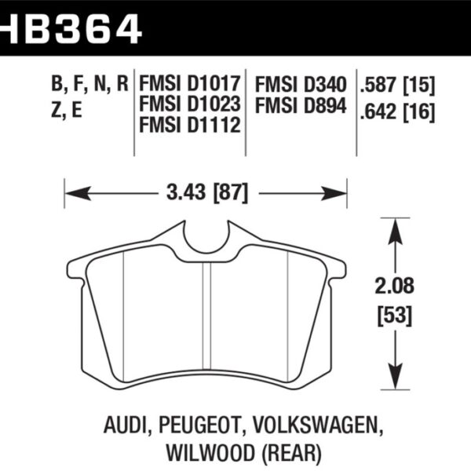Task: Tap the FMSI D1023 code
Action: click(x=188, y=104)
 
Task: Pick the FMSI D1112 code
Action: click(x=188, y=123)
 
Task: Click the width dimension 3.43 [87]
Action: click(x=205, y=191)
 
